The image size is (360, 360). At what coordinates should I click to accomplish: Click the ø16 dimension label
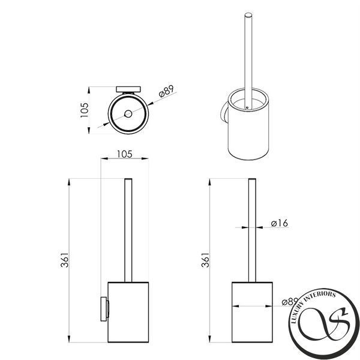click(279, 223)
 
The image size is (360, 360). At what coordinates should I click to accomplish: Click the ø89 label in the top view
click(166, 91)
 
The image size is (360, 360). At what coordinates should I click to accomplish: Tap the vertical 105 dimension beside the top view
click(84, 110)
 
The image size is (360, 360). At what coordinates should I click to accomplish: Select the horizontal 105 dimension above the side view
click(125, 154)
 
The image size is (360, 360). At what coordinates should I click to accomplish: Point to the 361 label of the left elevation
click(65, 260)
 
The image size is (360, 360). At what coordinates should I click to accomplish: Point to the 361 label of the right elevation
click(205, 260)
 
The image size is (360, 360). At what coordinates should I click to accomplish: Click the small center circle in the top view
click(128, 113)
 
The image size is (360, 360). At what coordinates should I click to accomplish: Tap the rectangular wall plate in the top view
click(128, 89)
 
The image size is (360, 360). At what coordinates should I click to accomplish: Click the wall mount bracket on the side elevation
click(104, 309)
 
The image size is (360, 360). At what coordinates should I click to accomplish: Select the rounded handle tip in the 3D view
click(248, 15)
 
